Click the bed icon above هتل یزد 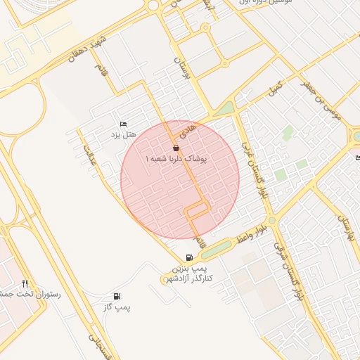tap(124, 124)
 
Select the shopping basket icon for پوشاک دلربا tap(175, 148)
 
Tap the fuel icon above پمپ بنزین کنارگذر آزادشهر tap(188, 257)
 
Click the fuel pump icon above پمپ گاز tap(116, 297)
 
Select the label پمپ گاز tap(116, 307)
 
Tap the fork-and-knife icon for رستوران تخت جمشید tap(25, 283)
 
